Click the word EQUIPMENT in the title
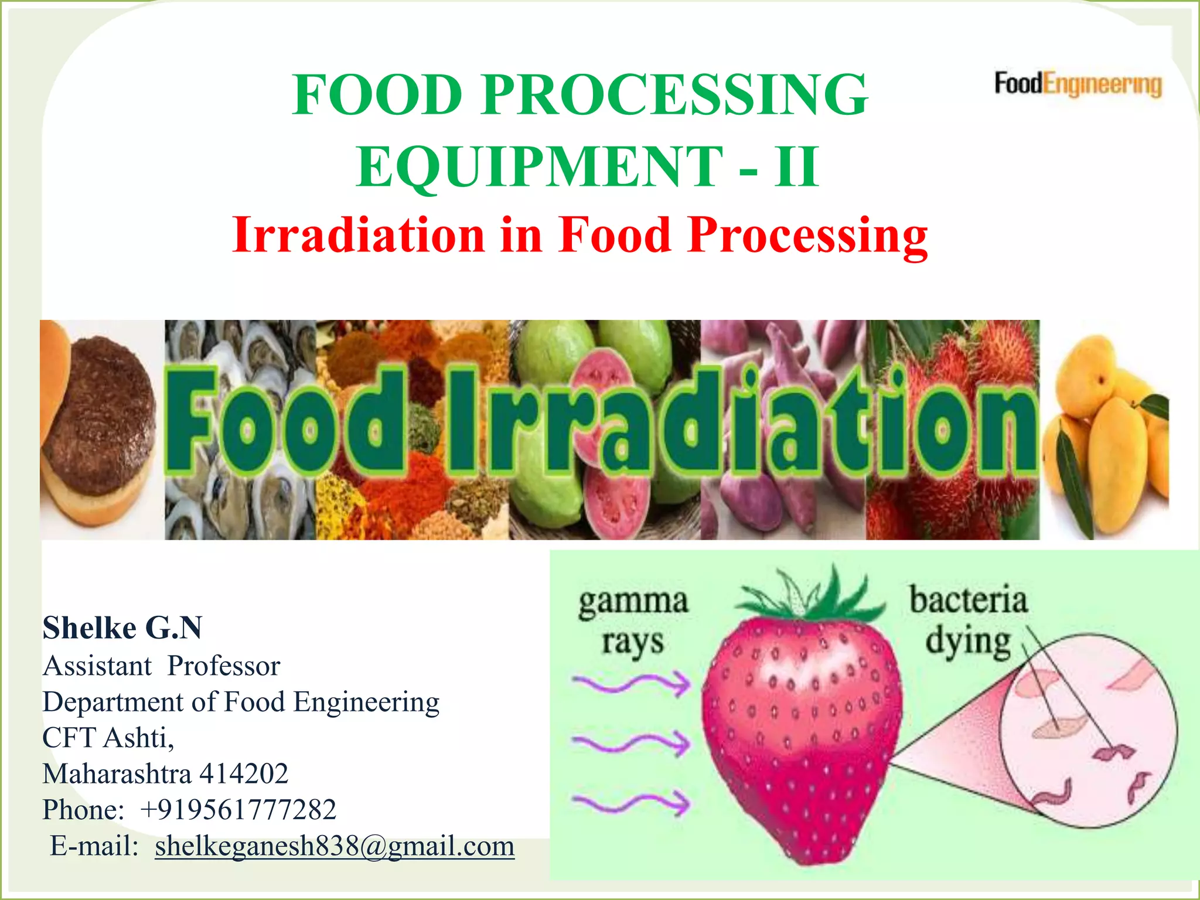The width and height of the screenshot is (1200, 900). pyautogui.click(x=539, y=167)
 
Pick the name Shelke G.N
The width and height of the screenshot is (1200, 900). pyautogui.click(x=122, y=628)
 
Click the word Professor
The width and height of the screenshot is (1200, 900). pyautogui.click(x=224, y=666)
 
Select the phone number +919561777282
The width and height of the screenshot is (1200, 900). pyautogui.click(x=238, y=810)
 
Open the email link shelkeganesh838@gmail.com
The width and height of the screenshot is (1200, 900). pyautogui.click(x=335, y=846)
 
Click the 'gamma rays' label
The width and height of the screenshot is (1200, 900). pyautogui.click(x=633, y=621)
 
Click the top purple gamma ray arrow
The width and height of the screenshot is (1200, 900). pyautogui.click(x=632, y=683)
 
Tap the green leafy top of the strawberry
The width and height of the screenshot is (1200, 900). pyautogui.click(x=812, y=598)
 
